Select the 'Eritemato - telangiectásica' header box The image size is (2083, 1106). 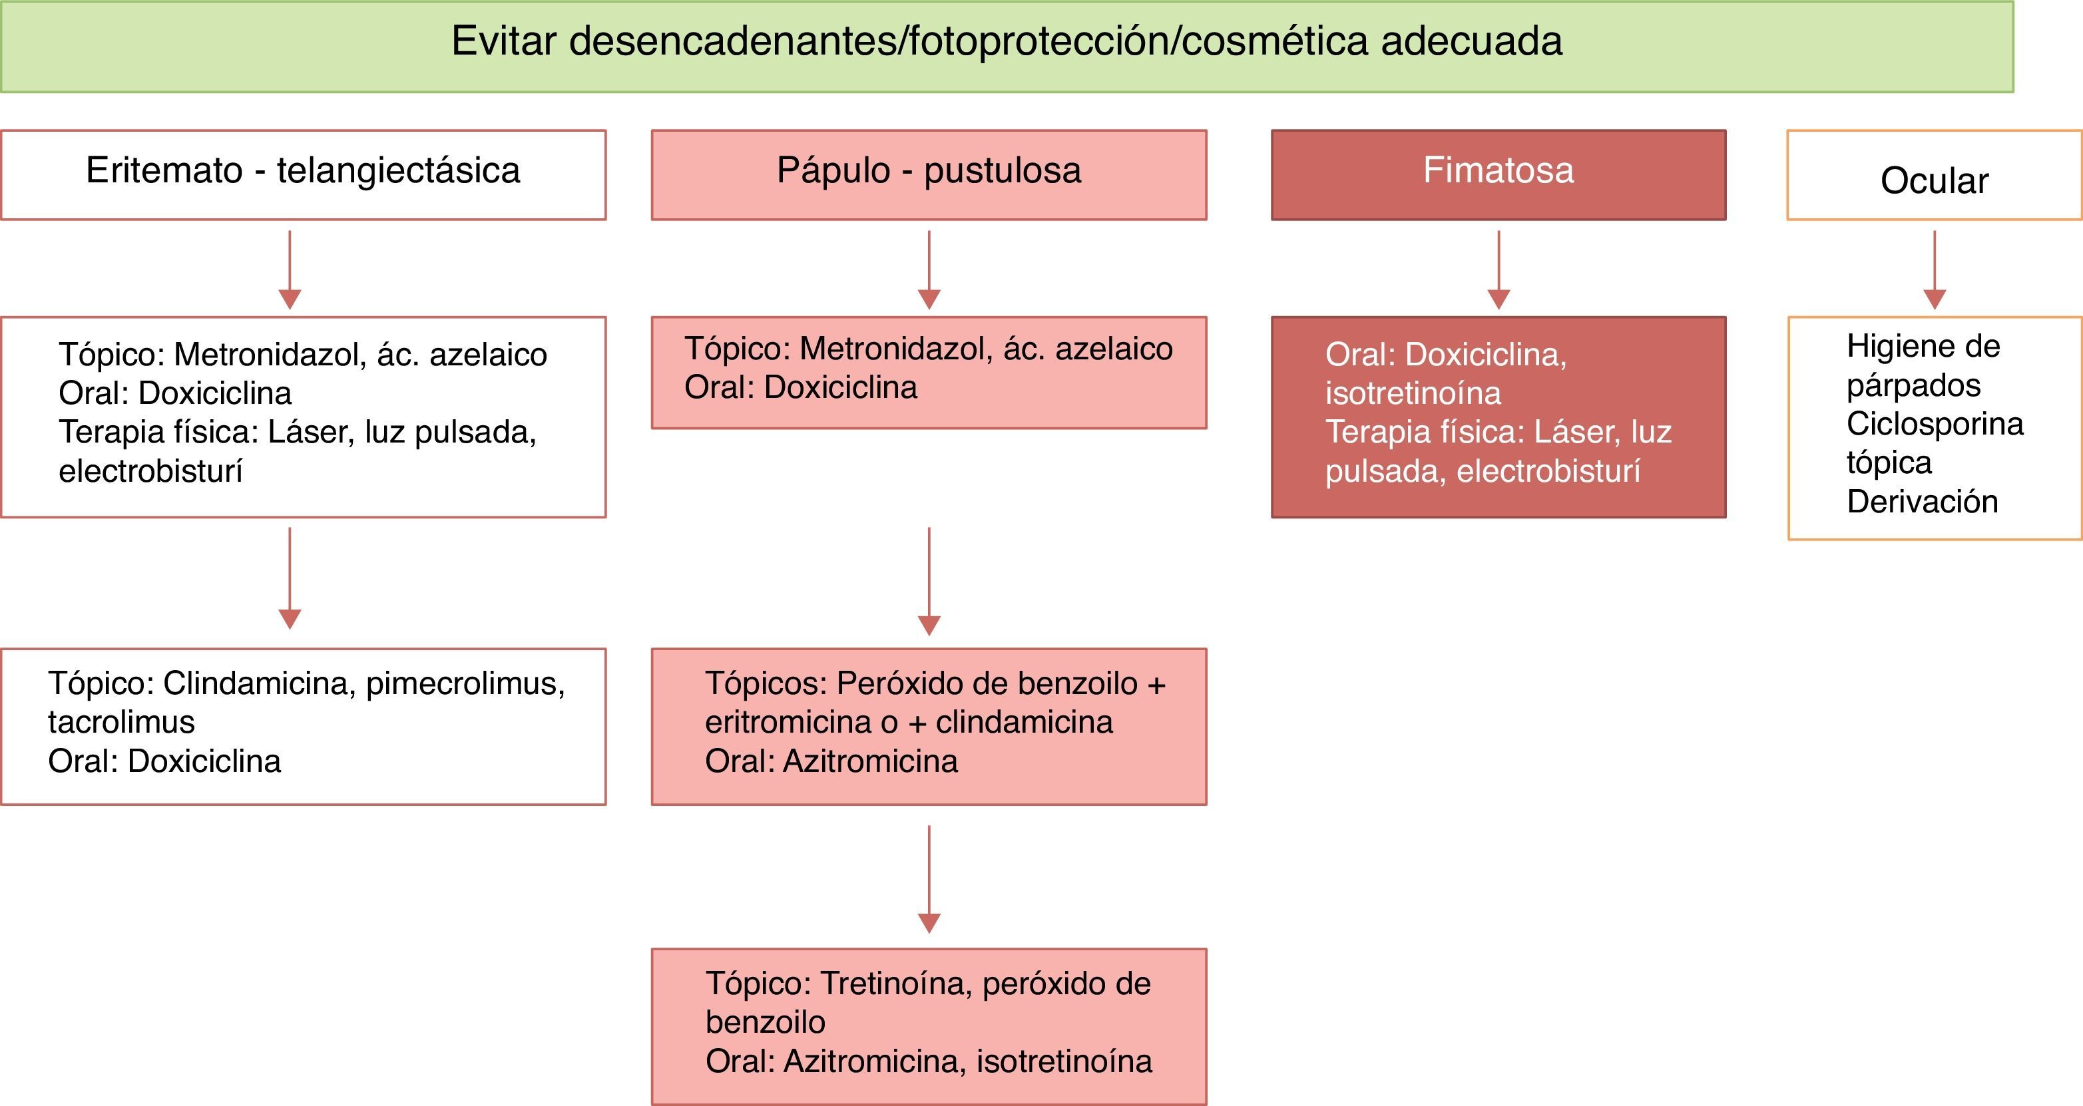(304, 174)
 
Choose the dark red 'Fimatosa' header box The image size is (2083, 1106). (1499, 174)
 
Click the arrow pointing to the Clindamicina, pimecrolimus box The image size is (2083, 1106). (290, 578)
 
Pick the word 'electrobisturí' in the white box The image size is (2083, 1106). (150, 470)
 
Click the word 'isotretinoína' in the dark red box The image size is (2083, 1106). (1413, 393)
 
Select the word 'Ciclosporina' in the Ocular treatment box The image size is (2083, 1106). (1935, 424)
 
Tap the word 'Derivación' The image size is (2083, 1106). (1922, 501)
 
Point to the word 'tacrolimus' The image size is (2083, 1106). (121, 721)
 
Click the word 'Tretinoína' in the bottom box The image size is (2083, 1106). (896, 983)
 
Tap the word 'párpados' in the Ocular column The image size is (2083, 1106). (1913, 385)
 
